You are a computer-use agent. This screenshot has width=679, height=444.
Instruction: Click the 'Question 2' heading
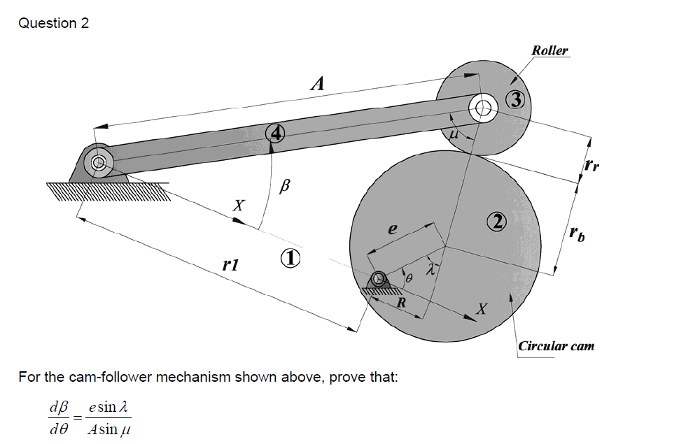click(54, 23)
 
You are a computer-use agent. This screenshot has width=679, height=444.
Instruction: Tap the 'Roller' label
click(549, 50)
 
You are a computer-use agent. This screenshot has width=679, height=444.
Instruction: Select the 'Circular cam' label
click(556, 345)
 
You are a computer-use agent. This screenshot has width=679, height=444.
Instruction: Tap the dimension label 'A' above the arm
click(318, 85)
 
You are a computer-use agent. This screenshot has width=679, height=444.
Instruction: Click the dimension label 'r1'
click(230, 265)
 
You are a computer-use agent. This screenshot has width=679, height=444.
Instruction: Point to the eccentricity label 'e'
click(393, 229)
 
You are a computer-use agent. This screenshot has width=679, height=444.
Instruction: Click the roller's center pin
click(483, 108)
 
